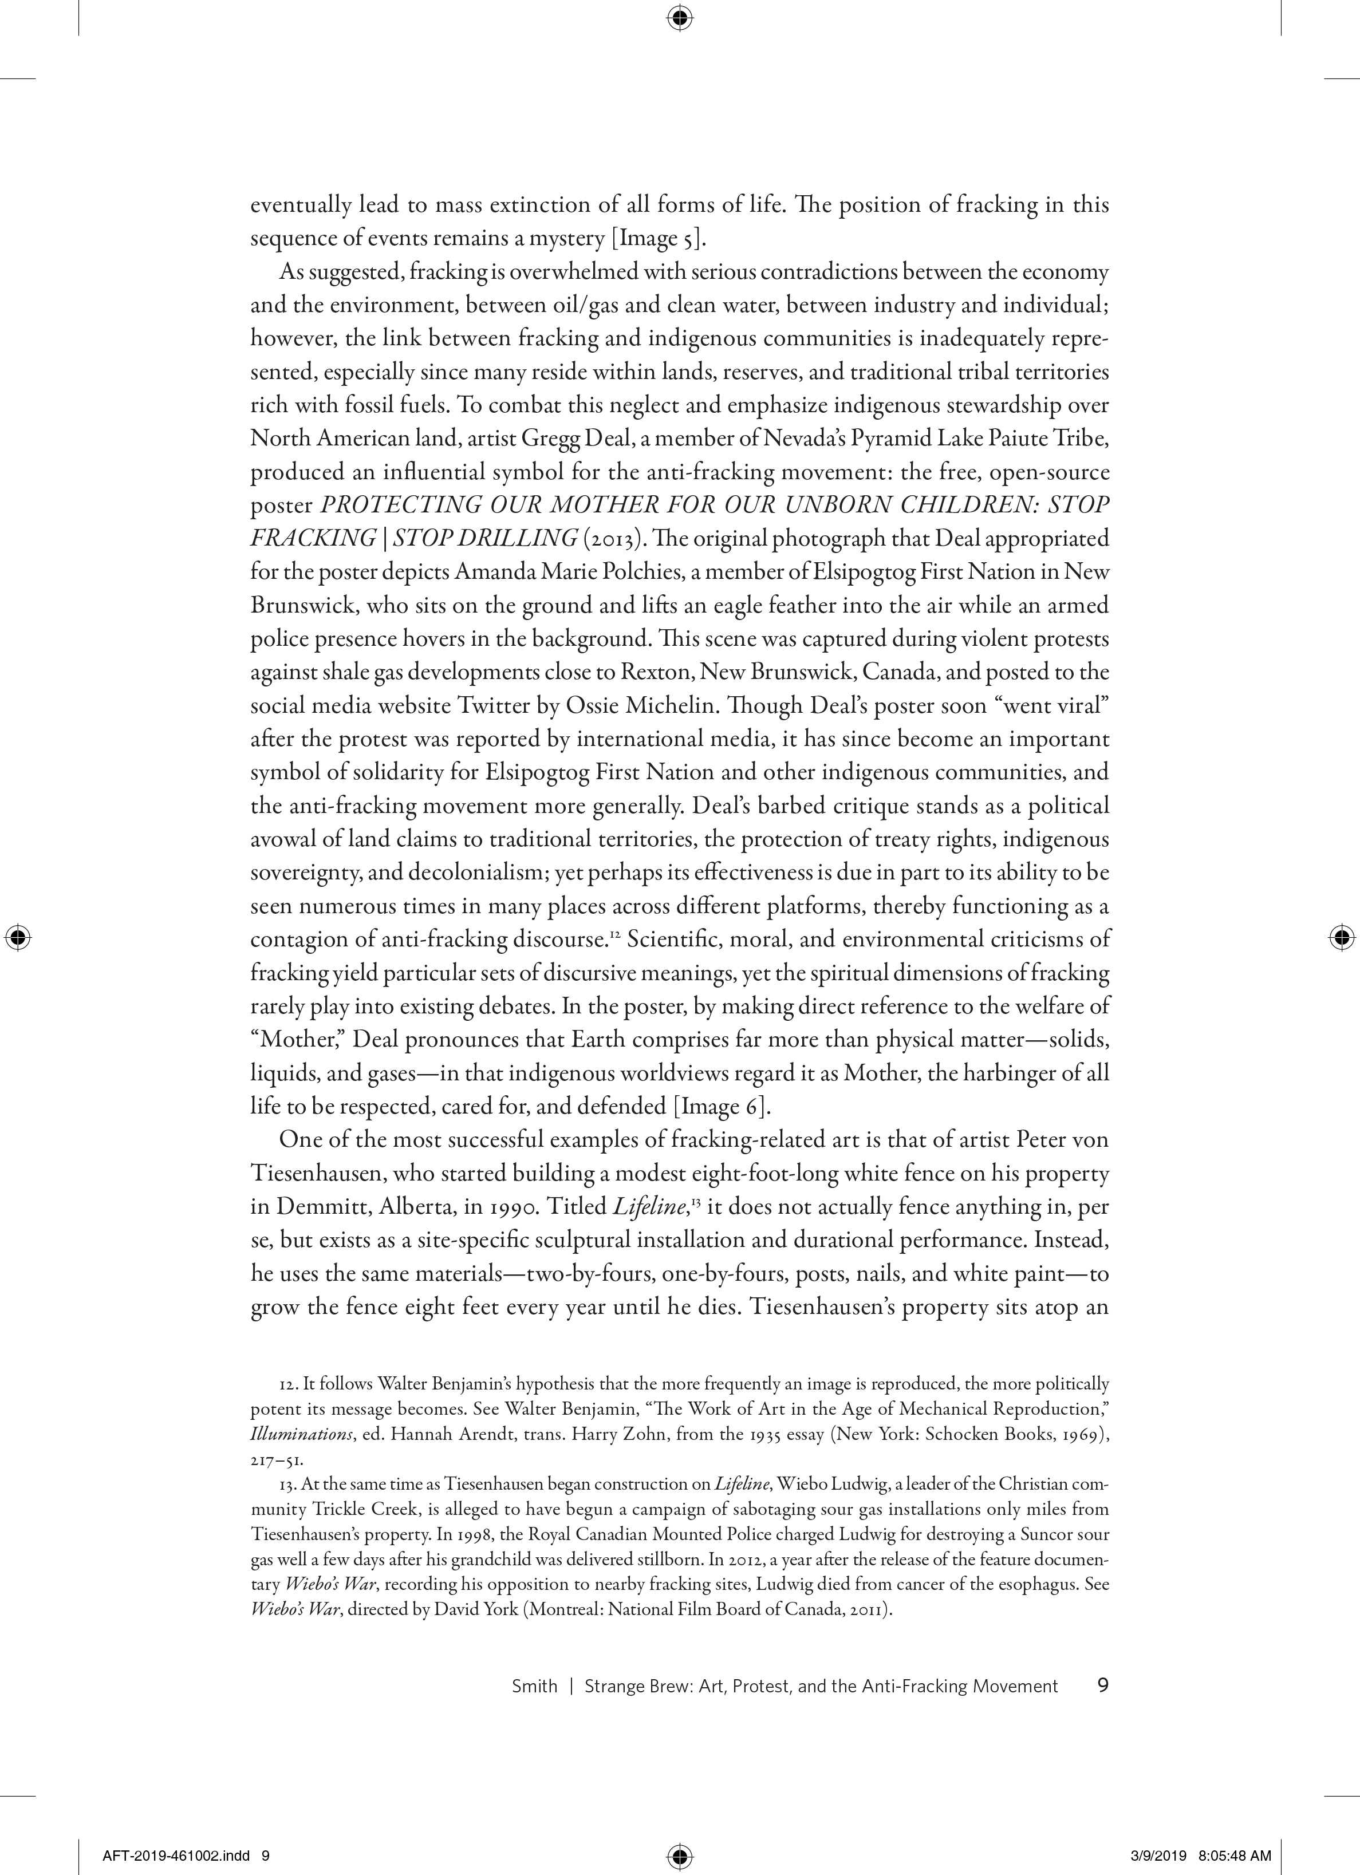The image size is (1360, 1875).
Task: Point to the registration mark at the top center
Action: [680, 17]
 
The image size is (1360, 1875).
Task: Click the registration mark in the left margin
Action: [17, 938]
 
